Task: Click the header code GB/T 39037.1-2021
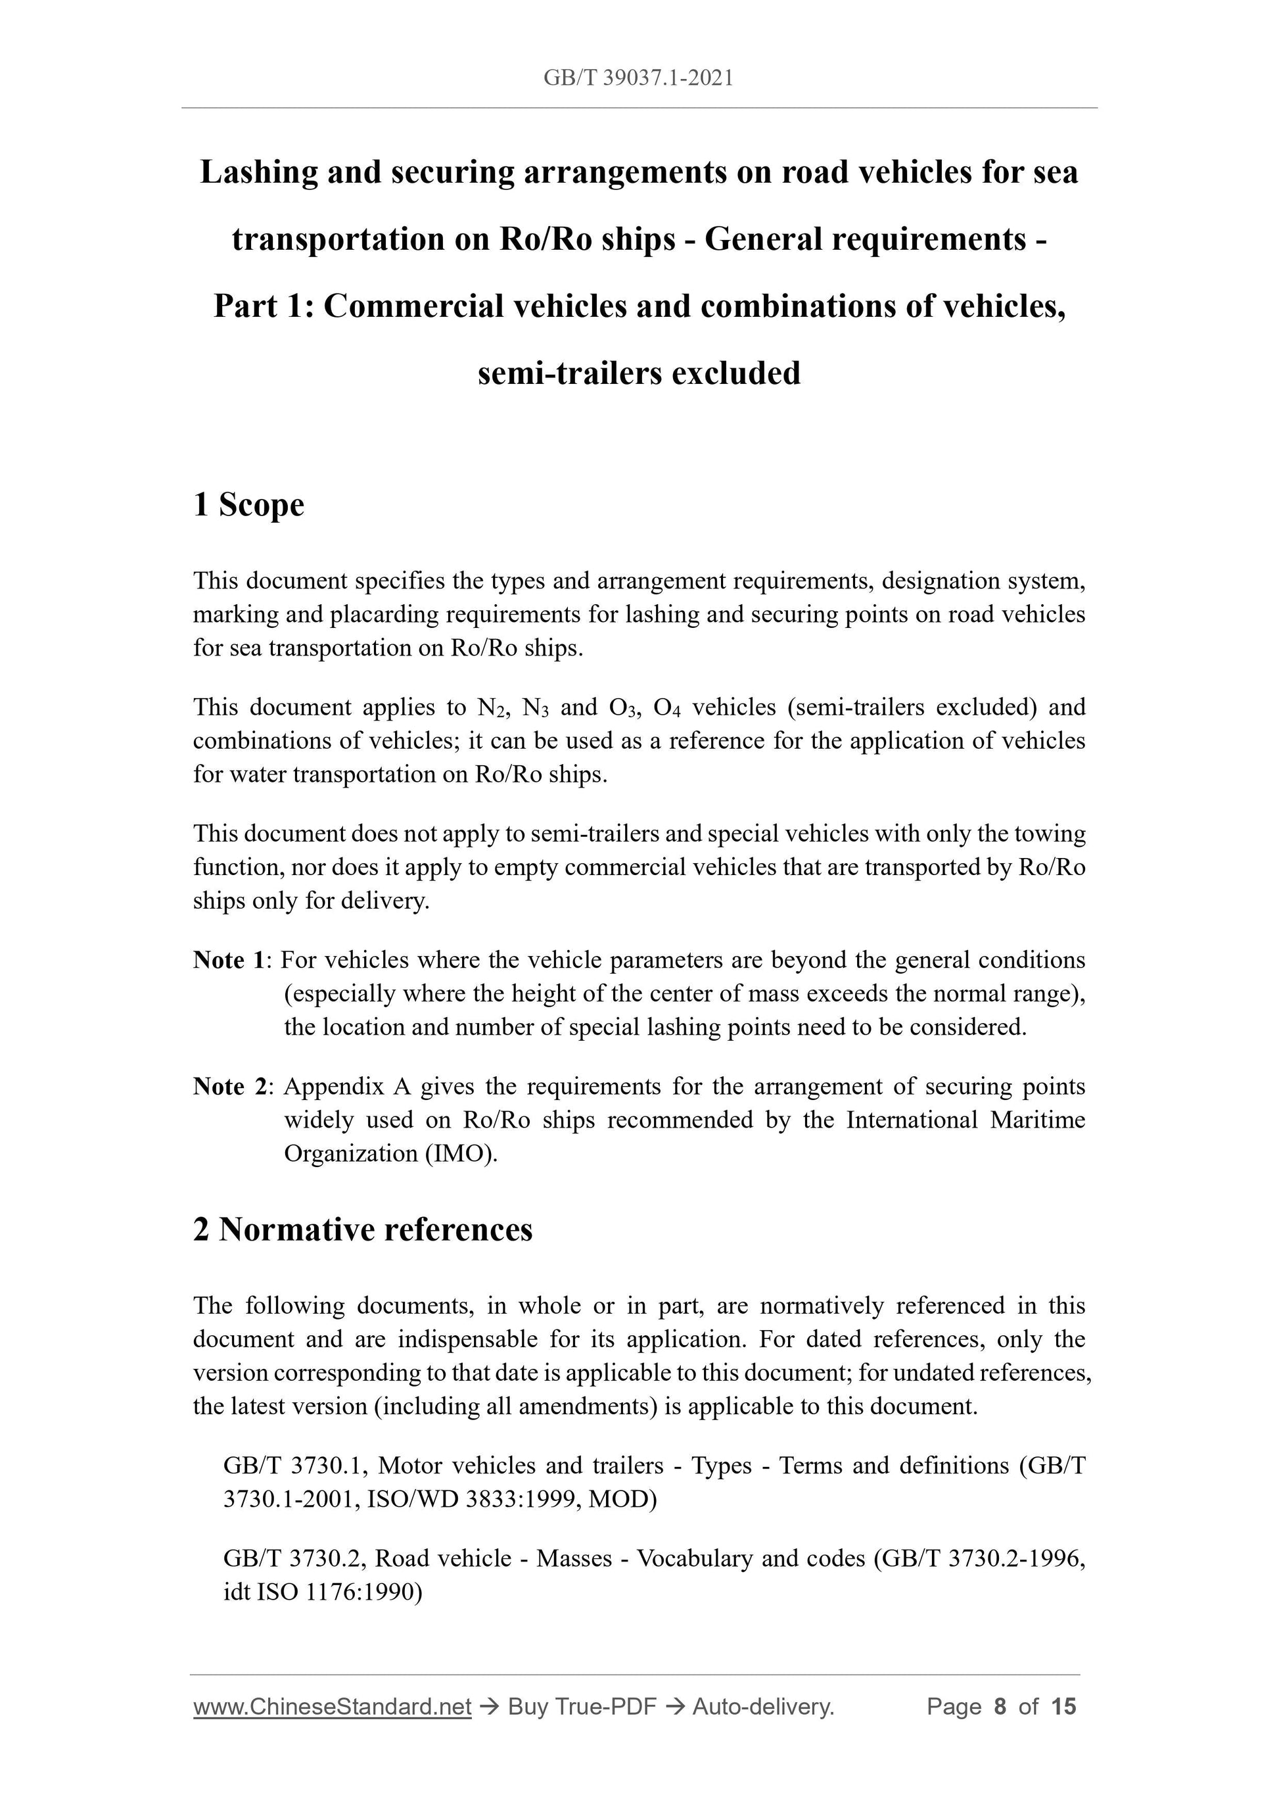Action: pyautogui.click(x=638, y=78)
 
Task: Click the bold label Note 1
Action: pyautogui.click(x=229, y=960)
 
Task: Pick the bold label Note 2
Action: pyautogui.click(x=229, y=1086)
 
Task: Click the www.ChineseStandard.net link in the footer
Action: pyautogui.click(x=332, y=1707)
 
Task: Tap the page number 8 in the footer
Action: pyautogui.click(x=1000, y=1707)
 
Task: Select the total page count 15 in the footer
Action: pyautogui.click(x=1063, y=1707)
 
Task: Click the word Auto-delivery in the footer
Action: pyautogui.click(x=762, y=1707)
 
